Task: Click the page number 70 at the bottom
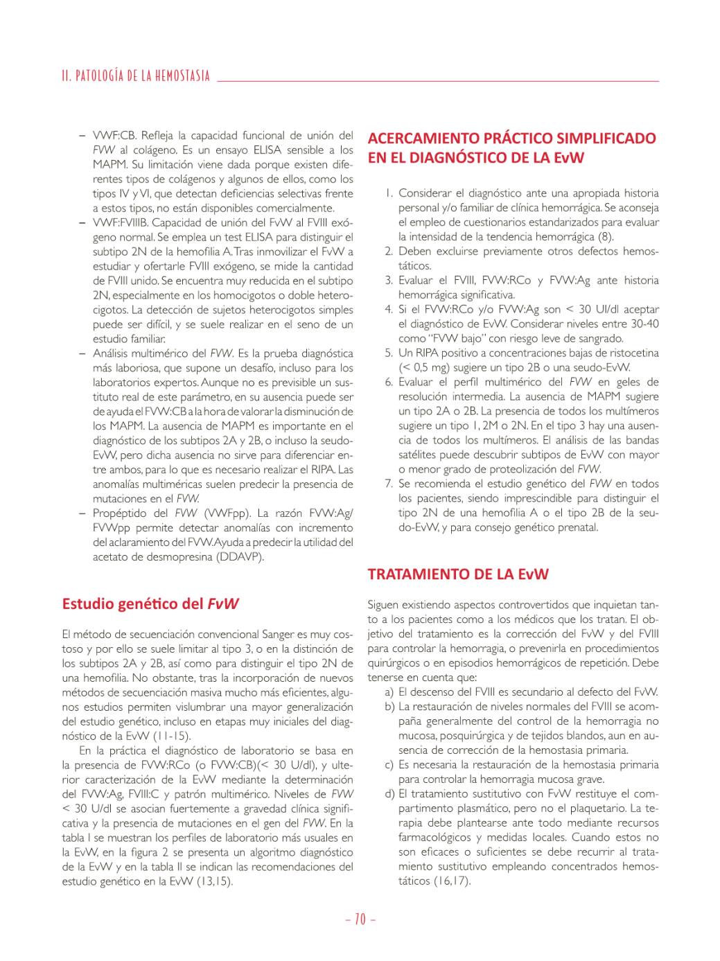360,919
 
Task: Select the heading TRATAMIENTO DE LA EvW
458,574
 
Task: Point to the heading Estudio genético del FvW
150,603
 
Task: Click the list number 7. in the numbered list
389,484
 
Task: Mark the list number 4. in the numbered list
389,310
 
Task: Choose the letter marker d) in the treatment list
389,794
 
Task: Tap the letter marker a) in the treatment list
389,692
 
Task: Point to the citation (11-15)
172,737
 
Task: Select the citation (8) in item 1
606,237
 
